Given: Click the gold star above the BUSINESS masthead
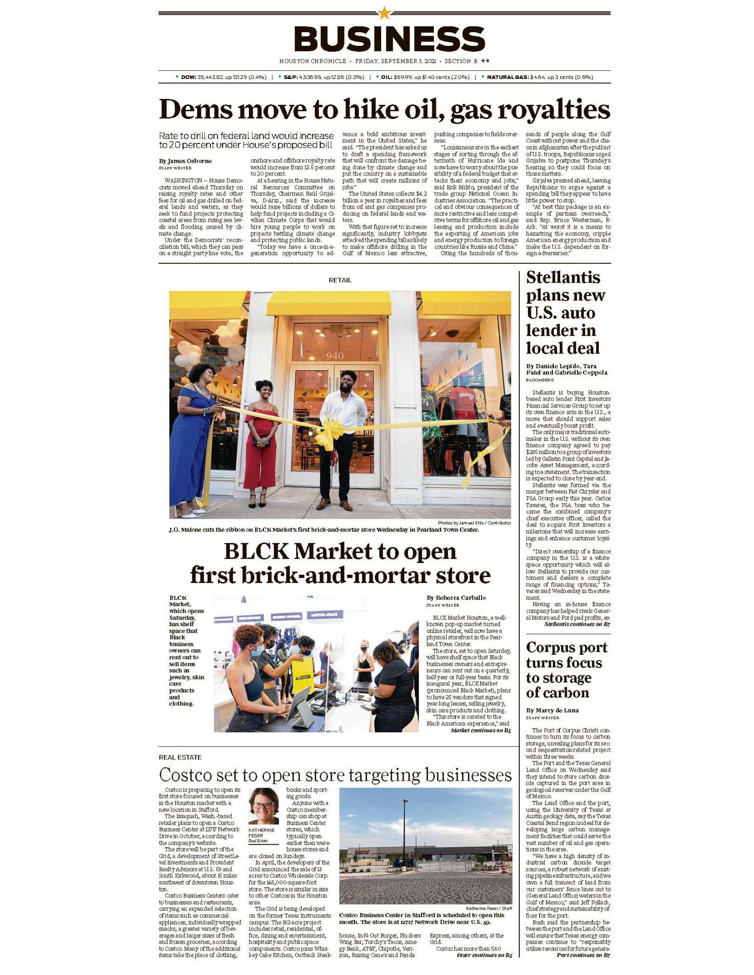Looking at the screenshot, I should pyautogui.click(x=385, y=13).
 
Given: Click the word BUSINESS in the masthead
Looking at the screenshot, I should pyautogui.click(x=389, y=39).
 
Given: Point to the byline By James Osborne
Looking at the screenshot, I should pyautogui.click(x=185, y=161).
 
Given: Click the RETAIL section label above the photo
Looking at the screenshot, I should pyautogui.click(x=340, y=280).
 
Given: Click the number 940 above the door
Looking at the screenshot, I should pyautogui.click(x=335, y=356).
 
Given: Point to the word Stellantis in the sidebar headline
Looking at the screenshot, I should pyautogui.click(x=563, y=277).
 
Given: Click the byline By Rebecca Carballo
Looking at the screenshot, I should pyautogui.click(x=456, y=598).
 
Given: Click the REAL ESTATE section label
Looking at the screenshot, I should pyautogui.click(x=180, y=757).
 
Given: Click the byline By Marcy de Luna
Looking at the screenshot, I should pyautogui.click(x=552, y=710).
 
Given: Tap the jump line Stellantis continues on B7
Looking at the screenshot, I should pyautogui.click(x=577, y=624).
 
